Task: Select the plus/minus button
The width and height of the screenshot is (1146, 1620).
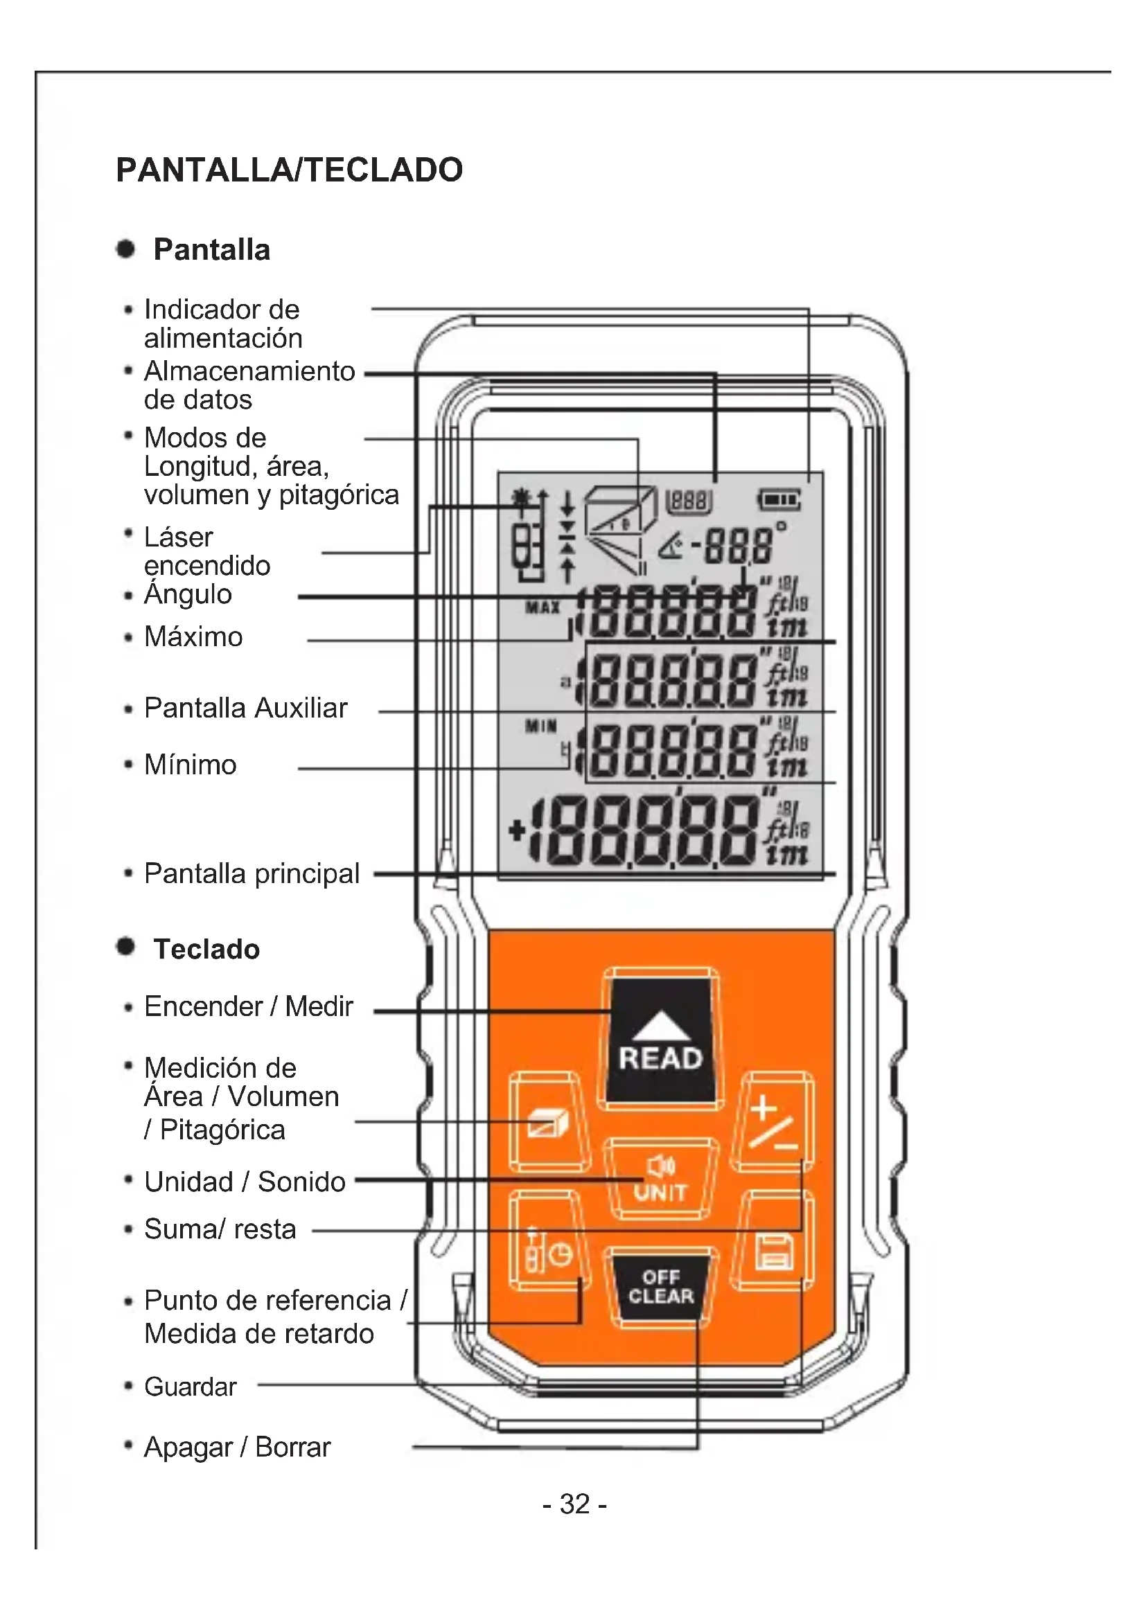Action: [773, 1123]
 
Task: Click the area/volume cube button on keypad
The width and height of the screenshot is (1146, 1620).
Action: [549, 1123]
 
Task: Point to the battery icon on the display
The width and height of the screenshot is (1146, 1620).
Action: [779, 500]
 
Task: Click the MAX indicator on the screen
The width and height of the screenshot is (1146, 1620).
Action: [543, 606]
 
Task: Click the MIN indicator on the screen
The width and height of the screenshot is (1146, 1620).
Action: [541, 726]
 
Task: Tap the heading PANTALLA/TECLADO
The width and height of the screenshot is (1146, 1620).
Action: [290, 170]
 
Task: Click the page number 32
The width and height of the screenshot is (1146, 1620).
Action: [574, 1504]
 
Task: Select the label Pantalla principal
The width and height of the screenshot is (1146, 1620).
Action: [252, 873]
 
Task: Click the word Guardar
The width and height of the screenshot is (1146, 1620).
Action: [191, 1387]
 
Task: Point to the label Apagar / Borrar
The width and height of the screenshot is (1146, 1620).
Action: [237, 1447]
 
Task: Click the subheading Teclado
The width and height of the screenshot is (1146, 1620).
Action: [206, 949]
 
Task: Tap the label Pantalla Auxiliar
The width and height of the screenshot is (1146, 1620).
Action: [245, 708]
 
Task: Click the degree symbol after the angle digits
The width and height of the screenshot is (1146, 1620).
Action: [780, 526]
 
